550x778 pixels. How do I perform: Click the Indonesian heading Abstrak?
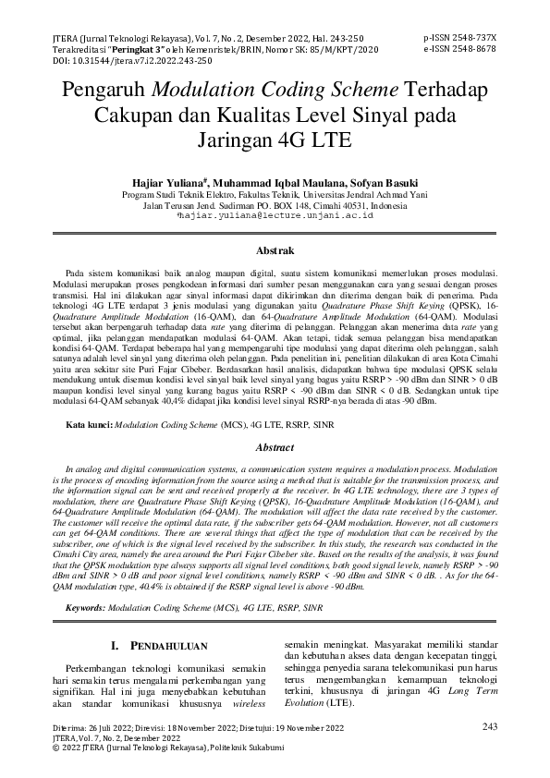[x=275, y=250]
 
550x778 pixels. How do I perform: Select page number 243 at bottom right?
[x=489, y=727]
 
